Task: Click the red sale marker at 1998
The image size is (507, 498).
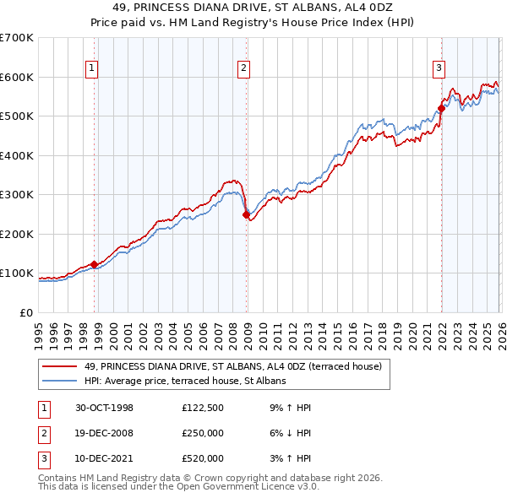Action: pos(95,264)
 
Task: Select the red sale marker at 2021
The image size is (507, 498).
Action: pos(441,109)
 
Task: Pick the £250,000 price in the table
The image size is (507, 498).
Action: pos(203,433)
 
